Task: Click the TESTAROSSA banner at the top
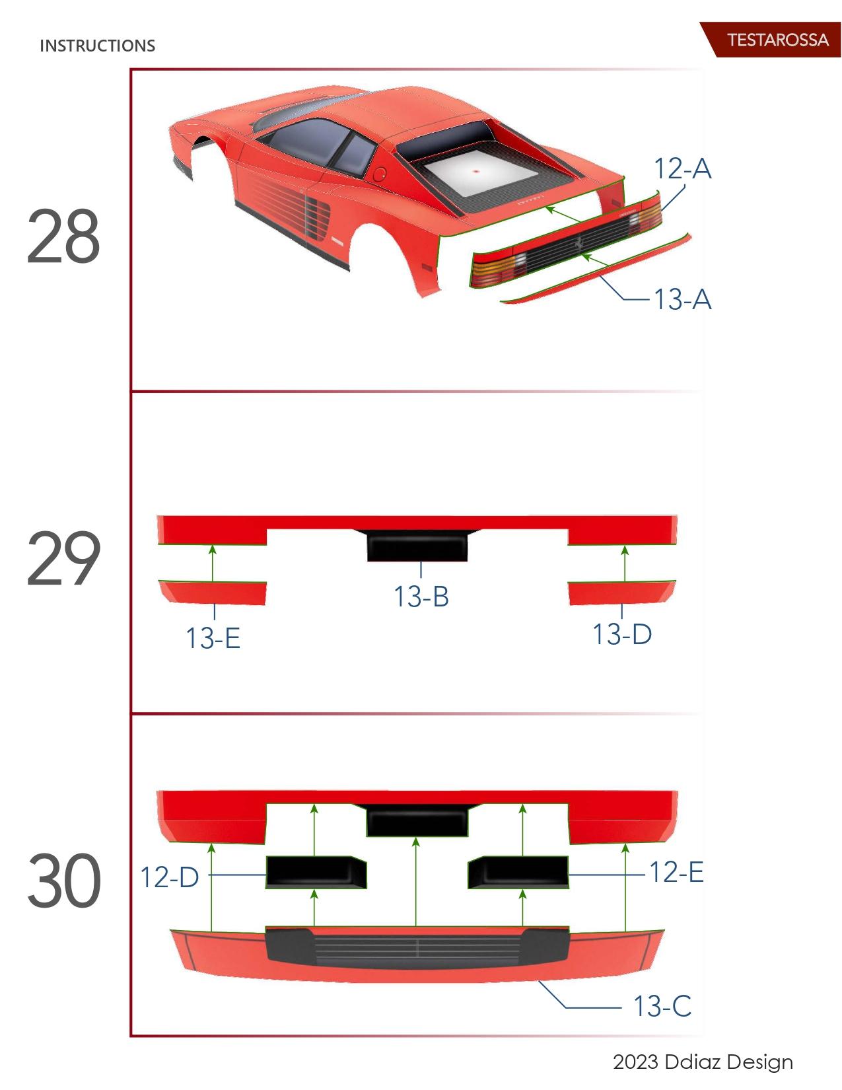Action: (777, 40)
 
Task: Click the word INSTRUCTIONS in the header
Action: (97, 46)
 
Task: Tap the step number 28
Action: (63, 236)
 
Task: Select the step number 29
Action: (63, 560)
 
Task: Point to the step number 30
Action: (64, 881)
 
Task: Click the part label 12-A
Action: (682, 168)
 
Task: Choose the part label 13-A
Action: (682, 299)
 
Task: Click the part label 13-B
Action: (421, 597)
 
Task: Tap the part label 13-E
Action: (213, 638)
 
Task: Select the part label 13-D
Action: (621, 634)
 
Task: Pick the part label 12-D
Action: (169, 877)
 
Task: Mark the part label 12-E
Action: (676, 872)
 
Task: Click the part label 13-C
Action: (662, 1006)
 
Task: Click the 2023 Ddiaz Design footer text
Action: (703, 1062)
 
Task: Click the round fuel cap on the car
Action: (380, 175)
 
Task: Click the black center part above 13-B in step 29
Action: (417, 546)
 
